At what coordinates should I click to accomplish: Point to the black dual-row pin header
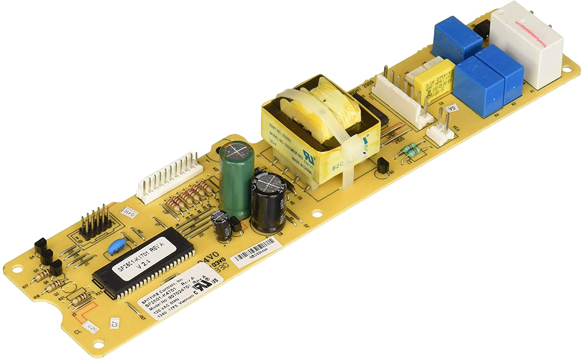(96, 223)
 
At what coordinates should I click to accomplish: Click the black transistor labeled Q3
(382, 166)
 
